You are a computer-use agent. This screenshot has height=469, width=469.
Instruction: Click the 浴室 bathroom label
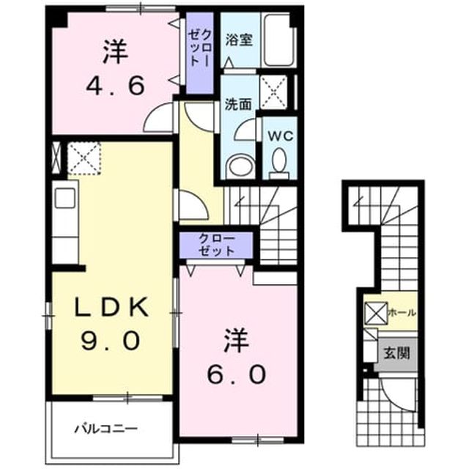239,40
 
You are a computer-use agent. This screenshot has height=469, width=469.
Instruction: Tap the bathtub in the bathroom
278,40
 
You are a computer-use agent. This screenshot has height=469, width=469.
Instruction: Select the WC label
280,136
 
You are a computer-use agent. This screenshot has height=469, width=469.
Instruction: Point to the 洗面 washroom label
237,104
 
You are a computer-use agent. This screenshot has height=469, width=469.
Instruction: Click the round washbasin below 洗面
240,166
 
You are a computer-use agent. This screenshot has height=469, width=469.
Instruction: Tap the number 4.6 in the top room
116,86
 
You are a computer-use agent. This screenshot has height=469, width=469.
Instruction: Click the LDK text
111,307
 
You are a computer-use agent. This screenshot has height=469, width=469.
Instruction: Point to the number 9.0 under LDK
111,341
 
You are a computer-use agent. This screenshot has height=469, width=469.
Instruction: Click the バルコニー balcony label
106,429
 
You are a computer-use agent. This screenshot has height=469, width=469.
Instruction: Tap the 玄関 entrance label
396,354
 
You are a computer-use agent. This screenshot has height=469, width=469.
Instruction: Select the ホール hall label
402,313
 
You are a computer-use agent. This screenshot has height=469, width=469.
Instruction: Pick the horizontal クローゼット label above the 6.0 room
217,245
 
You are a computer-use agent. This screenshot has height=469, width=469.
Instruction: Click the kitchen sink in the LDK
64,198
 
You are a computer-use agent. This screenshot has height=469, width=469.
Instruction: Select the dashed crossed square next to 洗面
273,92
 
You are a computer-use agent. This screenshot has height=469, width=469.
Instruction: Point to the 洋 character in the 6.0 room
237,340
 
